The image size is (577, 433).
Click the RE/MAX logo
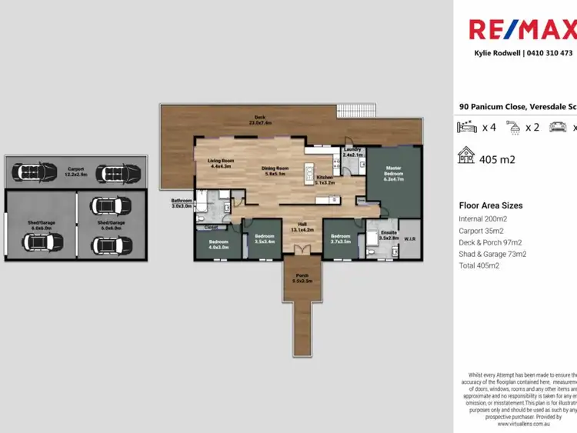(x=524, y=30)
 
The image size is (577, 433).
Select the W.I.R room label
(x=409, y=238)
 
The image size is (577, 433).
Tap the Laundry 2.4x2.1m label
(x=353, y=153)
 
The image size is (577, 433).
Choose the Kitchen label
(x=325, y=180)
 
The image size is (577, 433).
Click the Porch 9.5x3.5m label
(x=299, y=279)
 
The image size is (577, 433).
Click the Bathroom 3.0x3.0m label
(x=182, y=204)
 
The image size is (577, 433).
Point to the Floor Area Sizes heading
(x=490, y=205)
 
